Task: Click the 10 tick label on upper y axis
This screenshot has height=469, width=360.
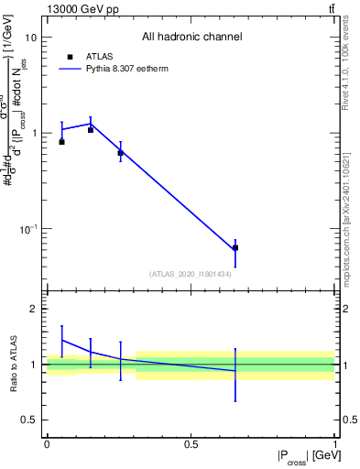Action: point(31,38)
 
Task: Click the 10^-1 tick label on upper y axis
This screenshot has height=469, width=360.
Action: point(27,228)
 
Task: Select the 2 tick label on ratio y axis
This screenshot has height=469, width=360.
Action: point(34,310)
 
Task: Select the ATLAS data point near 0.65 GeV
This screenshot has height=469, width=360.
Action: point(235,247)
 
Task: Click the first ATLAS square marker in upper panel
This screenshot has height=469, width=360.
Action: point(61,142)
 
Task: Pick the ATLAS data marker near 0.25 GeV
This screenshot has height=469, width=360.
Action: point(120,153)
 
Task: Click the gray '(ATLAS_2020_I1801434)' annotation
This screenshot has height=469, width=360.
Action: point(190,275)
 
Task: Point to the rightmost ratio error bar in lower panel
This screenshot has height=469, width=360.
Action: point(235,375)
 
